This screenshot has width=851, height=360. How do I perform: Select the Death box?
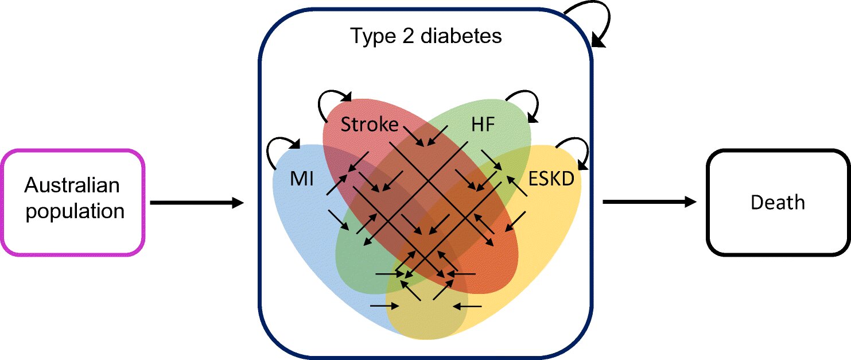click(x=778, y=202)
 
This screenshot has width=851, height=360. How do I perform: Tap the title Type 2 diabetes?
click(x=426, y=37)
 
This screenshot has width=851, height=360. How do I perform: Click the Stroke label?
click(x=369, y=124)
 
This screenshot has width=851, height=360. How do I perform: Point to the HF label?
click(x=483, y=125)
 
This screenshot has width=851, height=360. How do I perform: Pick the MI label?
click(x=301, y=179)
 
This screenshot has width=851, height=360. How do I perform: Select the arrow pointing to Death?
click(x=648, y=202)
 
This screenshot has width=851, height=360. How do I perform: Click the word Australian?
click(x=72, y=185)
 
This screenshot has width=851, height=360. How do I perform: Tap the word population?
click(x=75, y=211)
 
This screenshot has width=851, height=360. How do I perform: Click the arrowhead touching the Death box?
click(x=689, y=202)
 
